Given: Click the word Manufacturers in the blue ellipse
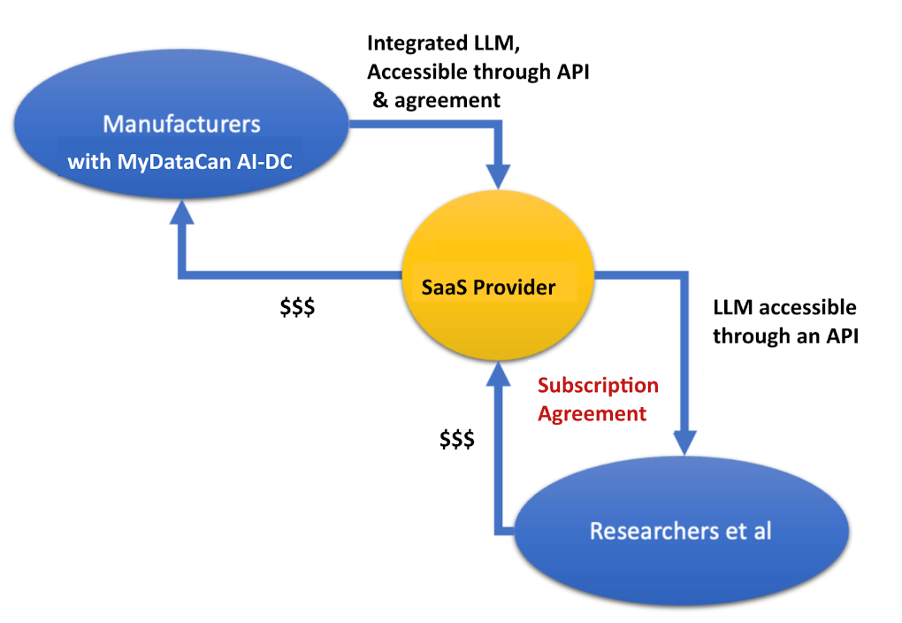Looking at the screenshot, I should tap(182, 123).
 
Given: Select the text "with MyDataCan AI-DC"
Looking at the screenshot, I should tap(180, 163).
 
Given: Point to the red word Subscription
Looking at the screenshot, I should tap(598, 386).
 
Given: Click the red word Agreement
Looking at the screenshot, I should tap(592, 413).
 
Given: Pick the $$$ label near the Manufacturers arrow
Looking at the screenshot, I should tap(298, 308).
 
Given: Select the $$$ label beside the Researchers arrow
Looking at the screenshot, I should tap(457, 439).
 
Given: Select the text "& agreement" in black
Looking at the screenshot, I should tap(437, 100).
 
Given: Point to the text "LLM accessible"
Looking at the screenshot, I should tap(784, 307).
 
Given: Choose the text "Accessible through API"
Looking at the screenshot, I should tap(478, 72).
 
